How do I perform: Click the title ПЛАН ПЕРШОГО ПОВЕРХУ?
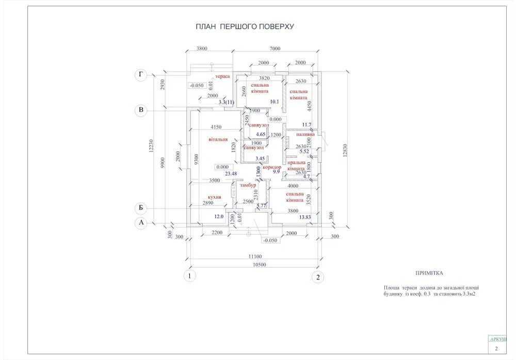click(245, 26)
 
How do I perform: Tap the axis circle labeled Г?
click(140, 75)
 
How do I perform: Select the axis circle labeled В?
click(140, 109)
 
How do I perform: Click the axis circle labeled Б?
click(140, 208)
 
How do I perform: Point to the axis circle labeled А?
click(140, 223)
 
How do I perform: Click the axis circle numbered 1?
click(190, 276)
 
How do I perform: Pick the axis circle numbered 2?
click(318, 277)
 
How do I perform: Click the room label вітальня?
click(218, 139)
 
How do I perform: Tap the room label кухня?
click(215, 197)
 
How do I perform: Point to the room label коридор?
click(271, 168)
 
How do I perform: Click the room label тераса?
click(222, 76)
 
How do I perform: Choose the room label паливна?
click(304, 134)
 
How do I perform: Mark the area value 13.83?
click(305, 218)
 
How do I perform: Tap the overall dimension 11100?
click(254, 256)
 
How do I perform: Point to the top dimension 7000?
click(275, 48)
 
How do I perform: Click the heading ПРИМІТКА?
click(429, 273)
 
